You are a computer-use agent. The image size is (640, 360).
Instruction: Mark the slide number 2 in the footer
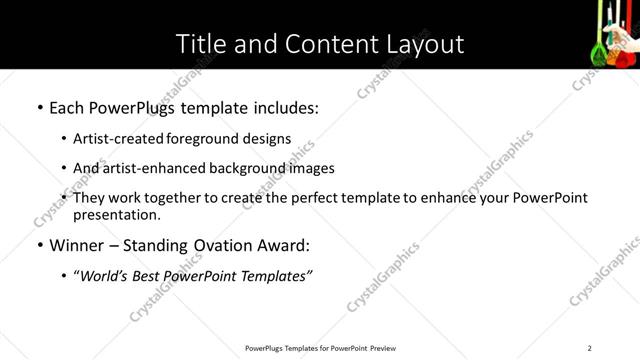589,348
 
